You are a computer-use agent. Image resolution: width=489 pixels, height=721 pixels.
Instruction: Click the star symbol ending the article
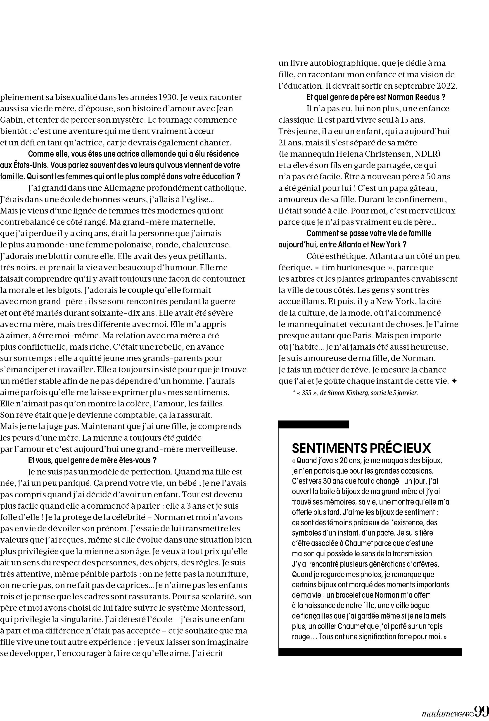coord(454,381)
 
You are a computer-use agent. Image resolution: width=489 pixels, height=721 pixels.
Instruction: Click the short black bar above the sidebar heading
coord(314,424)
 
